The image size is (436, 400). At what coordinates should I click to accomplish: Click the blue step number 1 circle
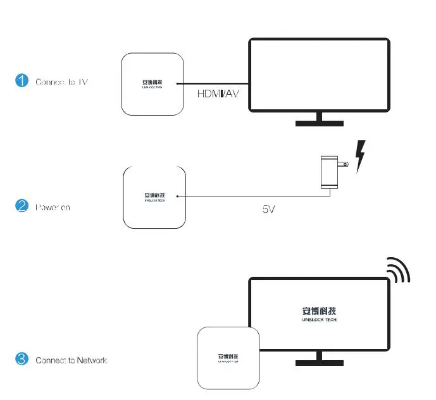pos(22,81)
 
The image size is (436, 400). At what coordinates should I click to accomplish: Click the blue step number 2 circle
pos(22,206)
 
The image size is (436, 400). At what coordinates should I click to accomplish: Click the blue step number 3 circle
pos(22,359)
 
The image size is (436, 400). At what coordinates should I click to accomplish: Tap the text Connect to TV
pos(61,82)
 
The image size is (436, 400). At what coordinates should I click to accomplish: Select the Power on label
pos(53,207)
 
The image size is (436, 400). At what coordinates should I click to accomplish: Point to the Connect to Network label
pos(72,360)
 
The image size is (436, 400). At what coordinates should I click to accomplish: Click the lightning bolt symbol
pos(361,157)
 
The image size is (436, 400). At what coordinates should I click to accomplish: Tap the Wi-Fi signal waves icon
pos(397,269)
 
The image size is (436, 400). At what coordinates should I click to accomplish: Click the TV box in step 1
pos(153,84)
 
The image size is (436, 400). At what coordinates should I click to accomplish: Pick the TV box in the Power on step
pos(154,197)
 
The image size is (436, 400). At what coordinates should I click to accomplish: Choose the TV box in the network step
pos(229,358)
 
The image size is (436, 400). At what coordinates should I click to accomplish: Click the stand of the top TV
pos(319,119)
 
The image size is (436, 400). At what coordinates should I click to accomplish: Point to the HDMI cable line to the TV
pos(212,84)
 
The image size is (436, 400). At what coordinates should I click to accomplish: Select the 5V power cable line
pos(253,195)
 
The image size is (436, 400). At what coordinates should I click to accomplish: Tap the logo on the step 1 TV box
pos(153,83)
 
